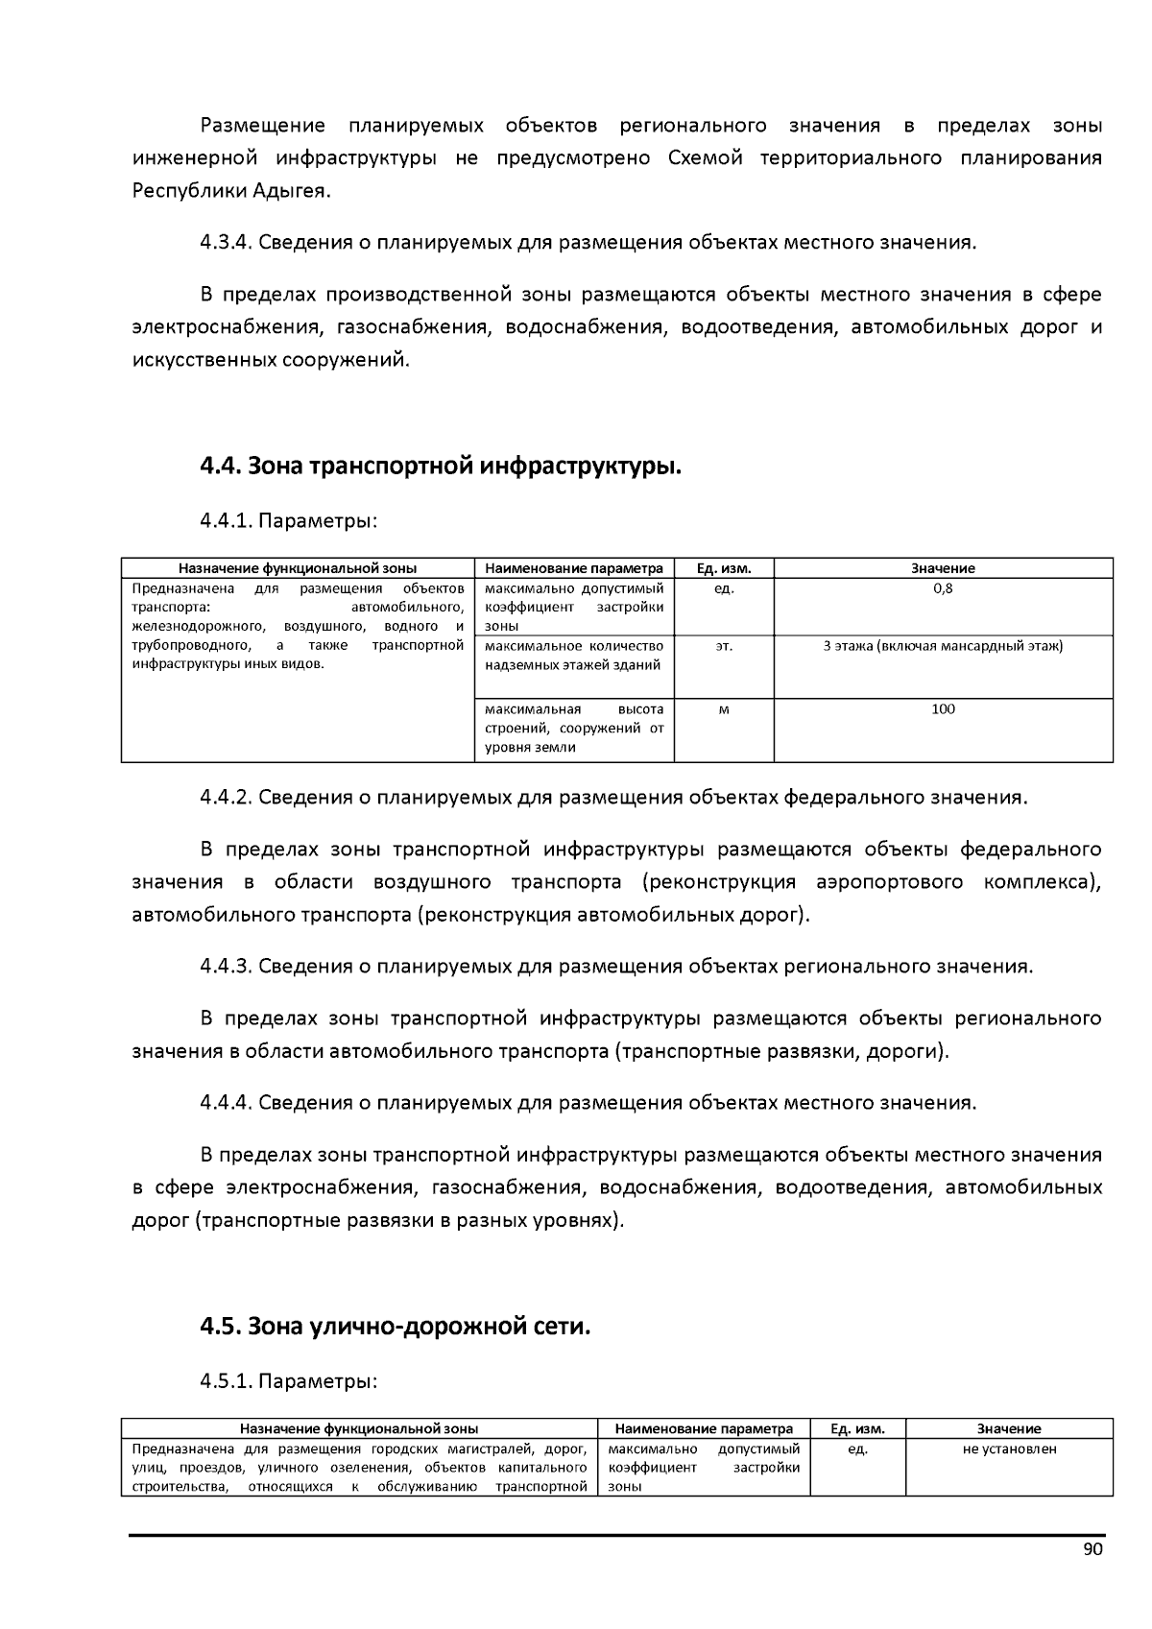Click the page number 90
click(1092, 1549)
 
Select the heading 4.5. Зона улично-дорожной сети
click(395, 1327)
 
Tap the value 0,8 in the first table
click(943, 588)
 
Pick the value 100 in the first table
click(943, 709)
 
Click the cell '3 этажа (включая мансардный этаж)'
click(943, 646)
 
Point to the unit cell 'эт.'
click(724, 646)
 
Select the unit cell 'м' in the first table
click(724, 709)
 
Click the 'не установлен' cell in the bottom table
click(1009, 1449)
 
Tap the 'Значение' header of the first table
click(943, 568)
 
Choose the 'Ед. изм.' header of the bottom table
click(857, 1428)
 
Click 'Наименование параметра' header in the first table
click(574, 568)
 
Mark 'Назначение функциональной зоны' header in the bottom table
click(359, 1428)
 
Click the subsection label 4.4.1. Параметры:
click(288, 521)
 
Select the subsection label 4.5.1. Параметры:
click(288, 1381)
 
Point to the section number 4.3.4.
click(226, 242)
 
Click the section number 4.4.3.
click(226, 966)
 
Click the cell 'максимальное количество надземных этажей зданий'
click(574, 656)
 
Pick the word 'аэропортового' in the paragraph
click(889, 882)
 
